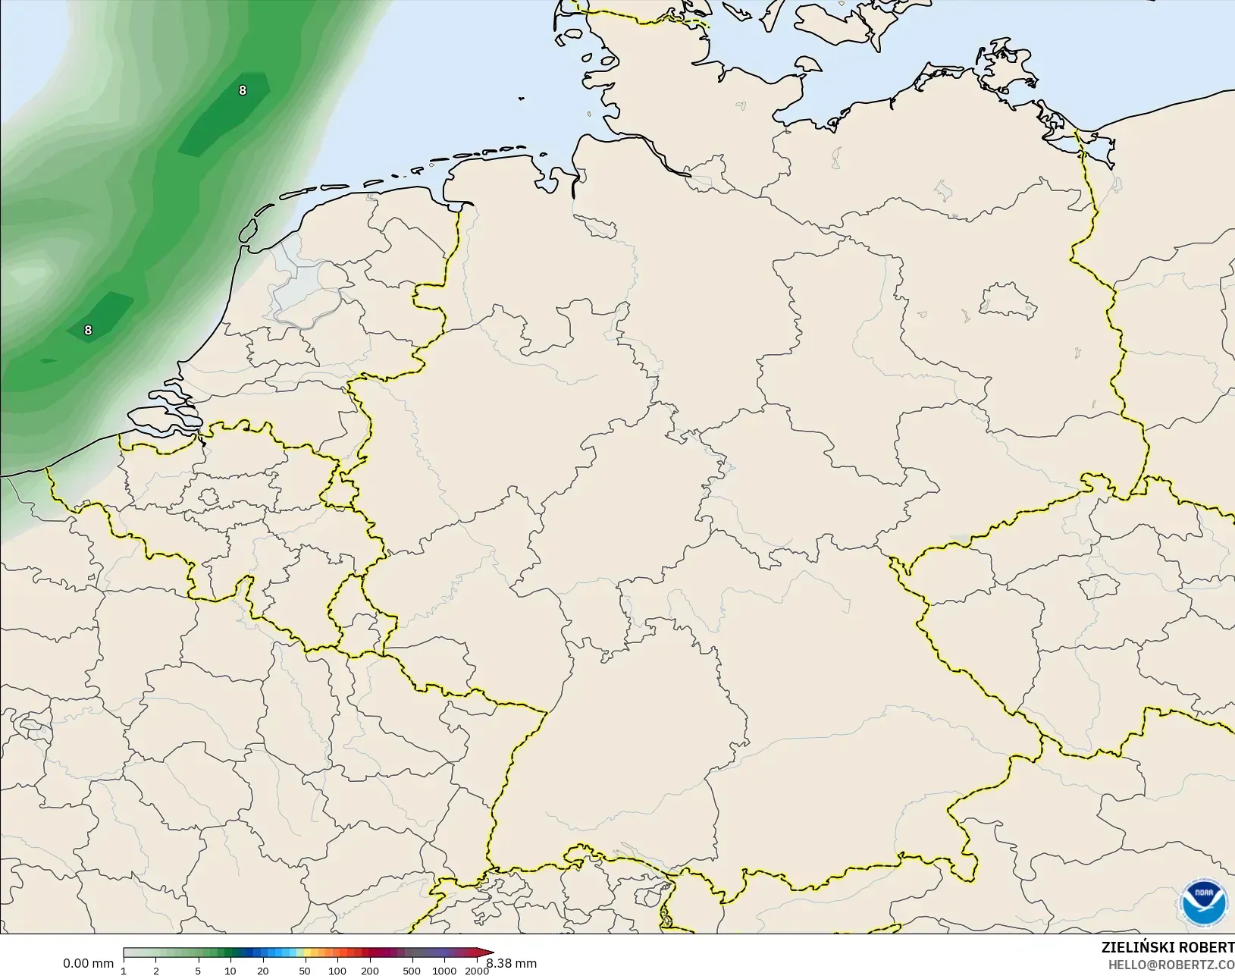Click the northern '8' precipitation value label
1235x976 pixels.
tap(242, 90)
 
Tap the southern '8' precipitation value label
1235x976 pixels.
tap(88, 330)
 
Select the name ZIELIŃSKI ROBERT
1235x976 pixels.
tap(1168, 948)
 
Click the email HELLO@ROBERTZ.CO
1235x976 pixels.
tap(1171, 965)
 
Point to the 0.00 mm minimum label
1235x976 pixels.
tap(88, 963)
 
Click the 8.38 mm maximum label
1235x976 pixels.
tap(512, 963)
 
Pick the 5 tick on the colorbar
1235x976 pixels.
tap(198, 970)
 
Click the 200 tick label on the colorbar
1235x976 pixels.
tap(370, 970)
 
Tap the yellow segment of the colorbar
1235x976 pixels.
tap(299, 952)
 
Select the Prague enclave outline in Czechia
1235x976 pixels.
tap(1099, 586)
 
